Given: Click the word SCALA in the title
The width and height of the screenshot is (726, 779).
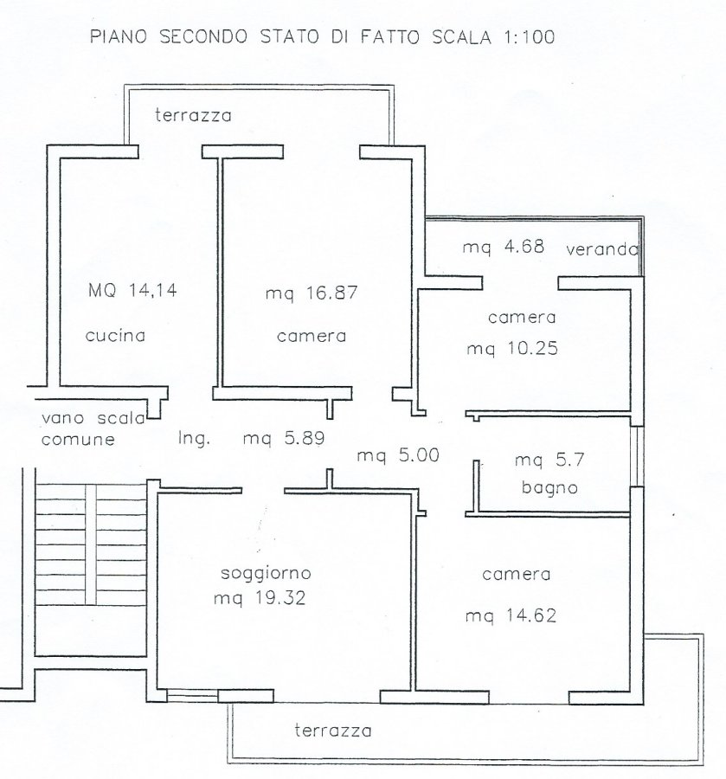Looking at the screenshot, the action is [461, 37].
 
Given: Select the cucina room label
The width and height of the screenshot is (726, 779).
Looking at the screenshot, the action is [115, 336].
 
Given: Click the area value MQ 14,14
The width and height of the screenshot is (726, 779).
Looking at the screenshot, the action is [132, 290].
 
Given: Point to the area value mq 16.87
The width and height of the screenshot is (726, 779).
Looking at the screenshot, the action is [312, 293].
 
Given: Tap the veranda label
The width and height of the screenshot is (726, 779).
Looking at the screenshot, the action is [602, 248].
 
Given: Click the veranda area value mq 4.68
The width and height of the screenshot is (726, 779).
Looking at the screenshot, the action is [504, 247].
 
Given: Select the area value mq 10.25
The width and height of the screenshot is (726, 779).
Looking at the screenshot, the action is [512, 348].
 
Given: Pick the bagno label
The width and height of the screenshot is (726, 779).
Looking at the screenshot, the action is [549, 487].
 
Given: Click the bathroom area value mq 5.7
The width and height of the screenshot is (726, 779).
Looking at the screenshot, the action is [549, 460].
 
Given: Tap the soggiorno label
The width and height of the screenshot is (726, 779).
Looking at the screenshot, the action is [266, 573].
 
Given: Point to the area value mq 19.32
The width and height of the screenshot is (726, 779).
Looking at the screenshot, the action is [260, 598].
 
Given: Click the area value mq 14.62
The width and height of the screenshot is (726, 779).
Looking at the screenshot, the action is [511, 616].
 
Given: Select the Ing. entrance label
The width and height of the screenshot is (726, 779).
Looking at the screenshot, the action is [194, 438].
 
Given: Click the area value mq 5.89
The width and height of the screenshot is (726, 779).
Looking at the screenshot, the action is [284, 438].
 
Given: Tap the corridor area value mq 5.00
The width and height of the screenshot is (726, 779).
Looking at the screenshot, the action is [398, 455].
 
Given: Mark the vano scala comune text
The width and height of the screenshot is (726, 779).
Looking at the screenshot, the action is [93, 428].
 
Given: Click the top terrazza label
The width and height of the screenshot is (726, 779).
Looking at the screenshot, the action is [193, 115].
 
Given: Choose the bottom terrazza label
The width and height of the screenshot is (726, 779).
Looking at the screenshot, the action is [332, 731].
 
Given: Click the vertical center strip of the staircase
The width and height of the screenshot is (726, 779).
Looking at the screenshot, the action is [91, 544].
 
